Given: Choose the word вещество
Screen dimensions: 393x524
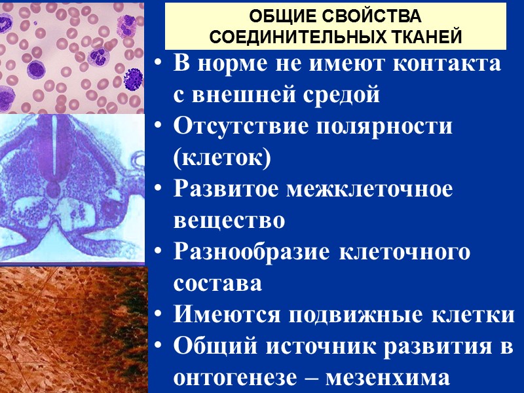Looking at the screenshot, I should pyautogui.click(x=229, y=221).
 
